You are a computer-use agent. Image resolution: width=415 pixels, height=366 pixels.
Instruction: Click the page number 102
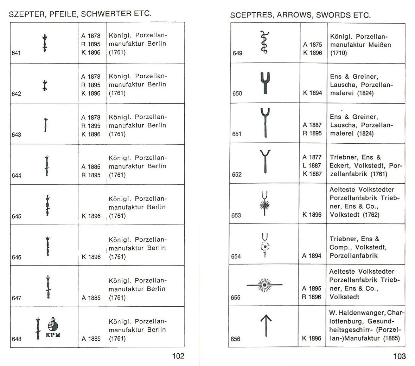pyautogui.click(x=178, y=356)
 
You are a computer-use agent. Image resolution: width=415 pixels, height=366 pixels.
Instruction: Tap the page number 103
pyautogui.click(x=399, y=356)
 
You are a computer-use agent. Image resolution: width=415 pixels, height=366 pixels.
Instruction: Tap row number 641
pyautogui.click(x=16, y=53)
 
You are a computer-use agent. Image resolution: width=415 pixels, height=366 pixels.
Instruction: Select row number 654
pyautogui.click(x=236, y=256)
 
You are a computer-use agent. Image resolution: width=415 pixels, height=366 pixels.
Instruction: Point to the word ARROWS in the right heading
pyautogui.click(x=295, y=15)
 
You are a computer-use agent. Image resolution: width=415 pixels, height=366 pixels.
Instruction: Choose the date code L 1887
pyautogui.click(x=312, y=165)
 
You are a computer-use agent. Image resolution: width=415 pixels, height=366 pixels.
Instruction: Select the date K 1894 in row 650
pyautogui.click(x=312, y=93)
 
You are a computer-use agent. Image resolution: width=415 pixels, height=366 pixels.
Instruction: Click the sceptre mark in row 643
pyautogui.click(x=45, y=124)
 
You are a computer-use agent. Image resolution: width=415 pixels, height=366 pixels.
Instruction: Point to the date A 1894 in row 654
pyautogui.click(x=312, y=256)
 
